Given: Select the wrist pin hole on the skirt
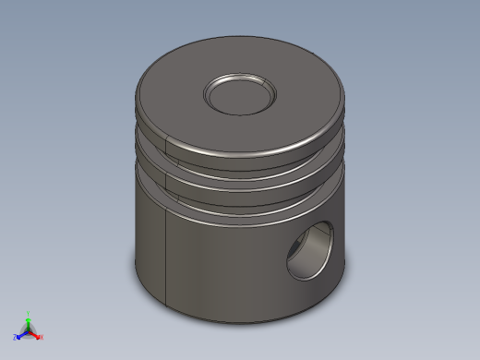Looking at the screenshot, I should (x=310, y=251).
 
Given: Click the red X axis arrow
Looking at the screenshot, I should (x=36, y=335).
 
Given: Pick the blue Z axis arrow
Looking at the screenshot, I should (x=20, y=335).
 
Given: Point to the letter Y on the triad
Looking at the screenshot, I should (x=29, y=313).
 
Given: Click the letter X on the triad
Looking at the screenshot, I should (x=42, y=337).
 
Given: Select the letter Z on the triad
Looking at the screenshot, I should (x=15, y=337).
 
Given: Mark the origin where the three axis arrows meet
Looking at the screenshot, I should (x=28, y=330).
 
